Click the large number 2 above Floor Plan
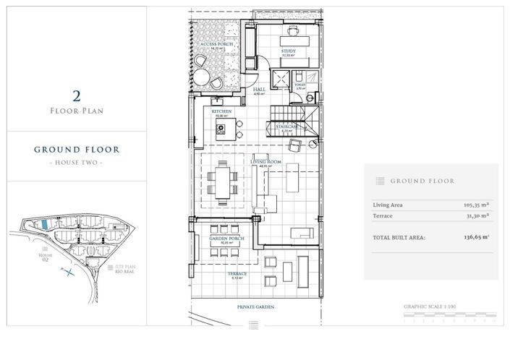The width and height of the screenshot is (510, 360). coord(76,95)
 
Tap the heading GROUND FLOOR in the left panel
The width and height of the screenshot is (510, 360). coord(76,150)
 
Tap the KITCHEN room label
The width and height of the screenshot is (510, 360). coord(221,111)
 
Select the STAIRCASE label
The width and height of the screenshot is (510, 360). coord(288,126)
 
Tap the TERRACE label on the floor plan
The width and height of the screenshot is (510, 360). coord(239,274)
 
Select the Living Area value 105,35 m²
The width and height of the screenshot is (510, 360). coord(475,205)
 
